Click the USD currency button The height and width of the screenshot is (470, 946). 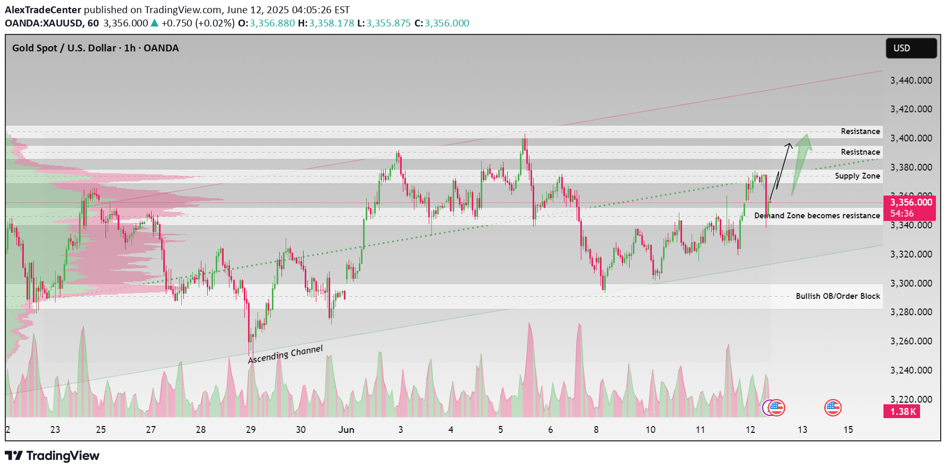(x=910, y=48)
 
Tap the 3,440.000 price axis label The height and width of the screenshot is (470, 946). (x=911, y=81)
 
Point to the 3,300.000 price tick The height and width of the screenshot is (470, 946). (x=911, y=283)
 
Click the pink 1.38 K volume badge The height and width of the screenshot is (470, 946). (x=901, y=412)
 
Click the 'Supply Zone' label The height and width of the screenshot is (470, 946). (x=857, y=176)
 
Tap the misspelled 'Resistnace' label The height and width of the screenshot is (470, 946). (x=860, y=152)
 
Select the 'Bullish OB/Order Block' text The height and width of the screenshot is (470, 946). (x=837, y=296)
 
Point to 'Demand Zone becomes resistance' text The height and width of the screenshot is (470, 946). (x=817, y=216)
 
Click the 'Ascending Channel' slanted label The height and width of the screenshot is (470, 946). (x=285, y=354)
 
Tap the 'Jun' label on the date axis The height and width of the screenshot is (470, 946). (x=346, y=430)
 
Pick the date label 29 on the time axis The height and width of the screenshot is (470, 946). (x=251, y=430)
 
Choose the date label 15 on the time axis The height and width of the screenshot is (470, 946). (x=848, y=430)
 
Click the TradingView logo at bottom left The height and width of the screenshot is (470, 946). (x=52, y=456)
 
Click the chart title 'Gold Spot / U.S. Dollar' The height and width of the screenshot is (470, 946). (x=64, y=48)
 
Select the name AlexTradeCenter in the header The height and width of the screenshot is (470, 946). (x=43, y=10)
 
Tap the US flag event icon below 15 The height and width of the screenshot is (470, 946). (x=833, y=407)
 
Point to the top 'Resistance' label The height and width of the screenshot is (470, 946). (x=860, y=131)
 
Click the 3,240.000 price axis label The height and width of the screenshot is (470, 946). (x=911, y=370)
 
